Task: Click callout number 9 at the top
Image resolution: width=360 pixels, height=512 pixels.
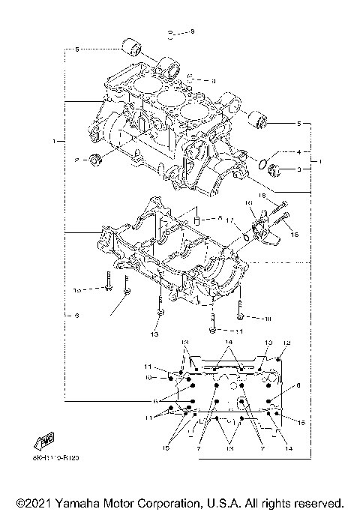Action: click(191, 31)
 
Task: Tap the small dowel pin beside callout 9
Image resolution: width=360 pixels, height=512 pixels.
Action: click(172, 33)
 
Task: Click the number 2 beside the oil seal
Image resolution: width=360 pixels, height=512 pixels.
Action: click(76, 160)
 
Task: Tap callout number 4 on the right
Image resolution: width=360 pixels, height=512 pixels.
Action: click(298, 151)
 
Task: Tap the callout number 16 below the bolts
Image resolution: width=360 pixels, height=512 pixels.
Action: click(294, 235)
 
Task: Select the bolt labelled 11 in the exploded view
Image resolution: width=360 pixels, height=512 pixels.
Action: click(214, 328)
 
